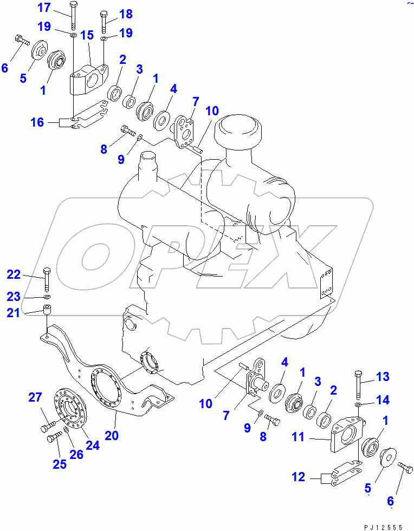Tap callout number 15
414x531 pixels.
87,36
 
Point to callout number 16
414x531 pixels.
37,122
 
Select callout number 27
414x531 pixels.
35,398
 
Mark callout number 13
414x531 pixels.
383,377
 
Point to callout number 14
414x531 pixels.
383,401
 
